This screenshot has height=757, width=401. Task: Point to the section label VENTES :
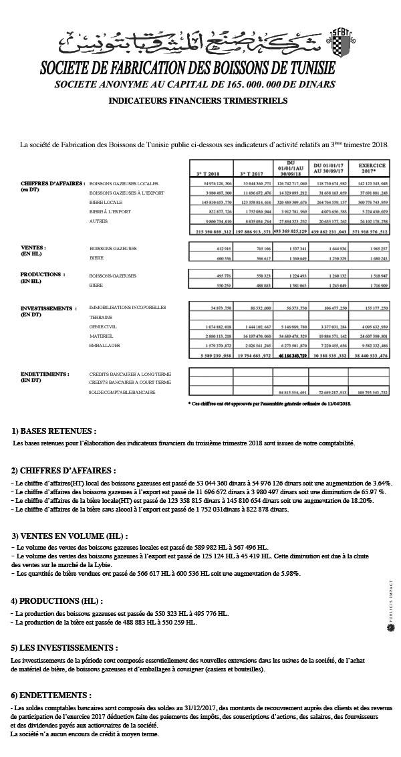click(x=33, y=247)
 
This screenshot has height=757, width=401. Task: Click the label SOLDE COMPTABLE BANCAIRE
click(x=122, y=392)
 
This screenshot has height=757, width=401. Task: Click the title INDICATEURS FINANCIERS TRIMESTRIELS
click(x=197, y=101)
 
